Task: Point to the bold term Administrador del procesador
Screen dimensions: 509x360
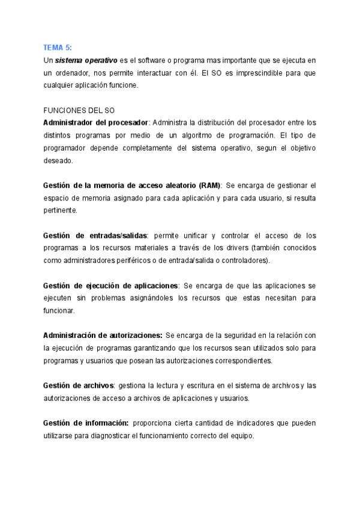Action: point(95,122)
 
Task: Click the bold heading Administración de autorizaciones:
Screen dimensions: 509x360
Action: point(103,334)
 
